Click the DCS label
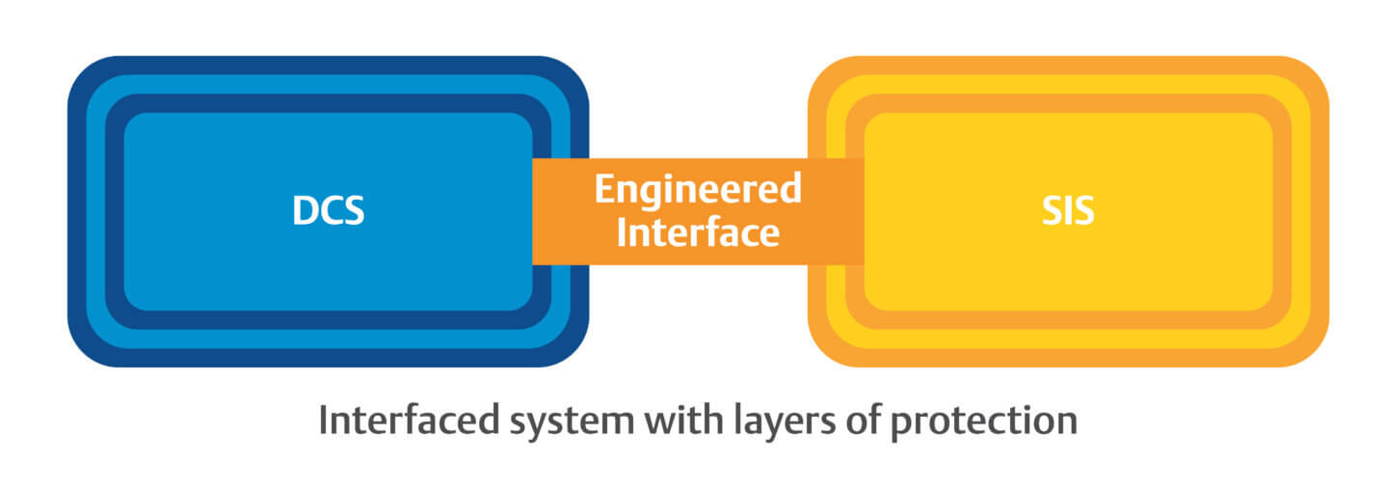coord(328,210)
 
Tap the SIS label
coord(1067,210)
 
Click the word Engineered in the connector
coord(697,188)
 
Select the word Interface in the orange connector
coord(697,232)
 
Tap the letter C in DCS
coord(330,210)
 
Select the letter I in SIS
coord(1068,210)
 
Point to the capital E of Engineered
coord(603,188)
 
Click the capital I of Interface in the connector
coord(622,232)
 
